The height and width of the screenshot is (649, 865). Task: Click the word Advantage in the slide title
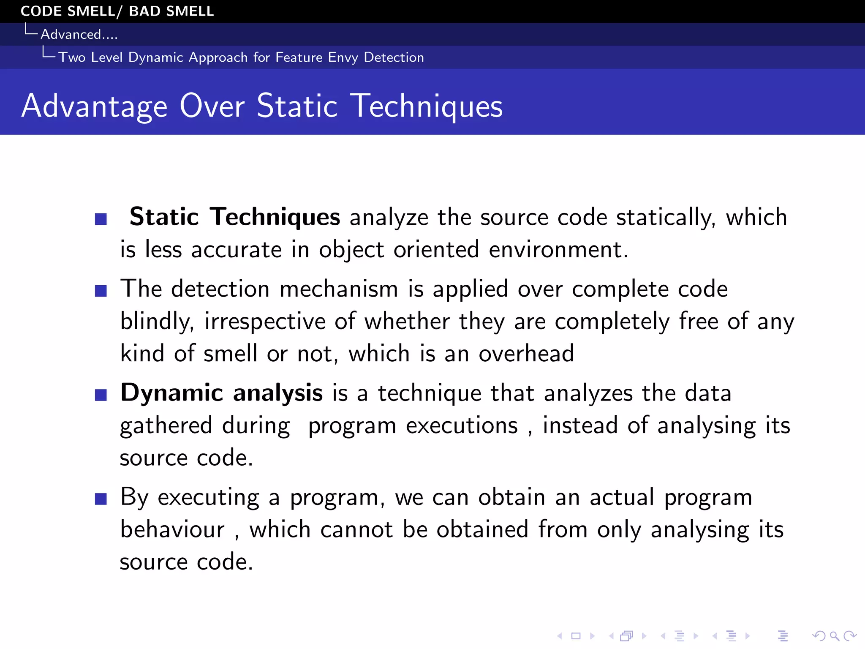[x=95, y=106]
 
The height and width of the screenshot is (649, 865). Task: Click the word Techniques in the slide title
[x=428, y=106]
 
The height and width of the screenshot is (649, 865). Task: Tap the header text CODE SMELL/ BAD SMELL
[x=117, y=11]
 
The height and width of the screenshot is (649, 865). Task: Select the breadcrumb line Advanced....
[x=79, y=34]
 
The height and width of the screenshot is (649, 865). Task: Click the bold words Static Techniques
[x=234, y=217]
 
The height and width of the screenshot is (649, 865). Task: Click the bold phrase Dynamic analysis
[x=221, y=393]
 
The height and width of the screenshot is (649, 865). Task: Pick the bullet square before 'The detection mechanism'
[x=101, y=291]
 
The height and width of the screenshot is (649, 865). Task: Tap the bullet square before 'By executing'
[x=101, y=499]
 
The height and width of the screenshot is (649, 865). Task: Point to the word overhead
[x=526, y=353]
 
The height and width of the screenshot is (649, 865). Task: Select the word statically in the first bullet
[x=666, y=218]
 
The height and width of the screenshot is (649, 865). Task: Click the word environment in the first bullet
[x=558, y=249]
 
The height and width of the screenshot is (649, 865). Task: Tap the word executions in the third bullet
[x=461, y=425]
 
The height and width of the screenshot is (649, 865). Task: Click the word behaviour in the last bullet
[x=172, y=529]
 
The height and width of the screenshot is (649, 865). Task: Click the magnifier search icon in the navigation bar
[x=834, y=636]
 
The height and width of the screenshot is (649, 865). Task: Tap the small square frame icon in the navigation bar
[x=576, y=636]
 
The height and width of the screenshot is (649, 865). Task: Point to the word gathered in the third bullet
[x=166, y=425]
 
